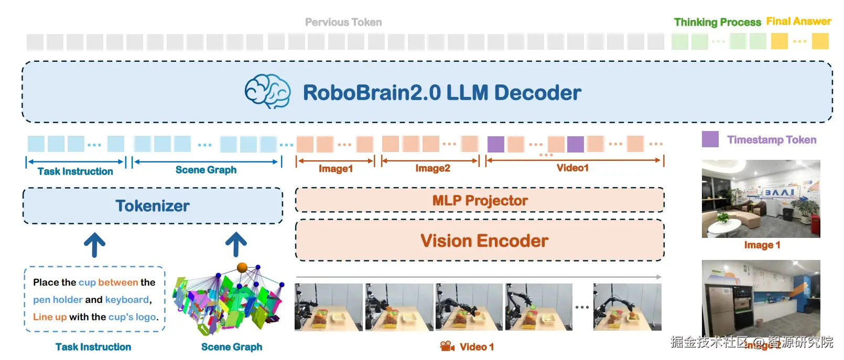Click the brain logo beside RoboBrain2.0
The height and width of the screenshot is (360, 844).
267,92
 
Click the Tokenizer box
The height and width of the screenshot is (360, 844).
153,206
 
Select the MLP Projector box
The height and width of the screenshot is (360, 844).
480,200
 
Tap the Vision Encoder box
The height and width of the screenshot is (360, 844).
480,241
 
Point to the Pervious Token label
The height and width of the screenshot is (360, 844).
343,22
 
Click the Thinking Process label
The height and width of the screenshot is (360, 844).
717,22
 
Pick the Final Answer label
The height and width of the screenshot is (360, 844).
798,21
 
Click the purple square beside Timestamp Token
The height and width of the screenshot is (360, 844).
710,139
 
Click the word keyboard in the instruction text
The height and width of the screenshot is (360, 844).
127,300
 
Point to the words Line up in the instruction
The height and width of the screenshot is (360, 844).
50,317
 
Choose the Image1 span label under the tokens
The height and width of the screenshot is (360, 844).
336,169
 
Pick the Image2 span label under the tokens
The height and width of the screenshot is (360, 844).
432,168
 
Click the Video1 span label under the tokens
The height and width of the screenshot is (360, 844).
572,168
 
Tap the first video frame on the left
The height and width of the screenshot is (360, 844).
329,307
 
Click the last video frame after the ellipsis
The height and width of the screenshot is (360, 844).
627,307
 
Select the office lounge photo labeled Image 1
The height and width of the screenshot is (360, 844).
761,199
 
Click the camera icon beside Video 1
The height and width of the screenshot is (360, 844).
447,346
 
